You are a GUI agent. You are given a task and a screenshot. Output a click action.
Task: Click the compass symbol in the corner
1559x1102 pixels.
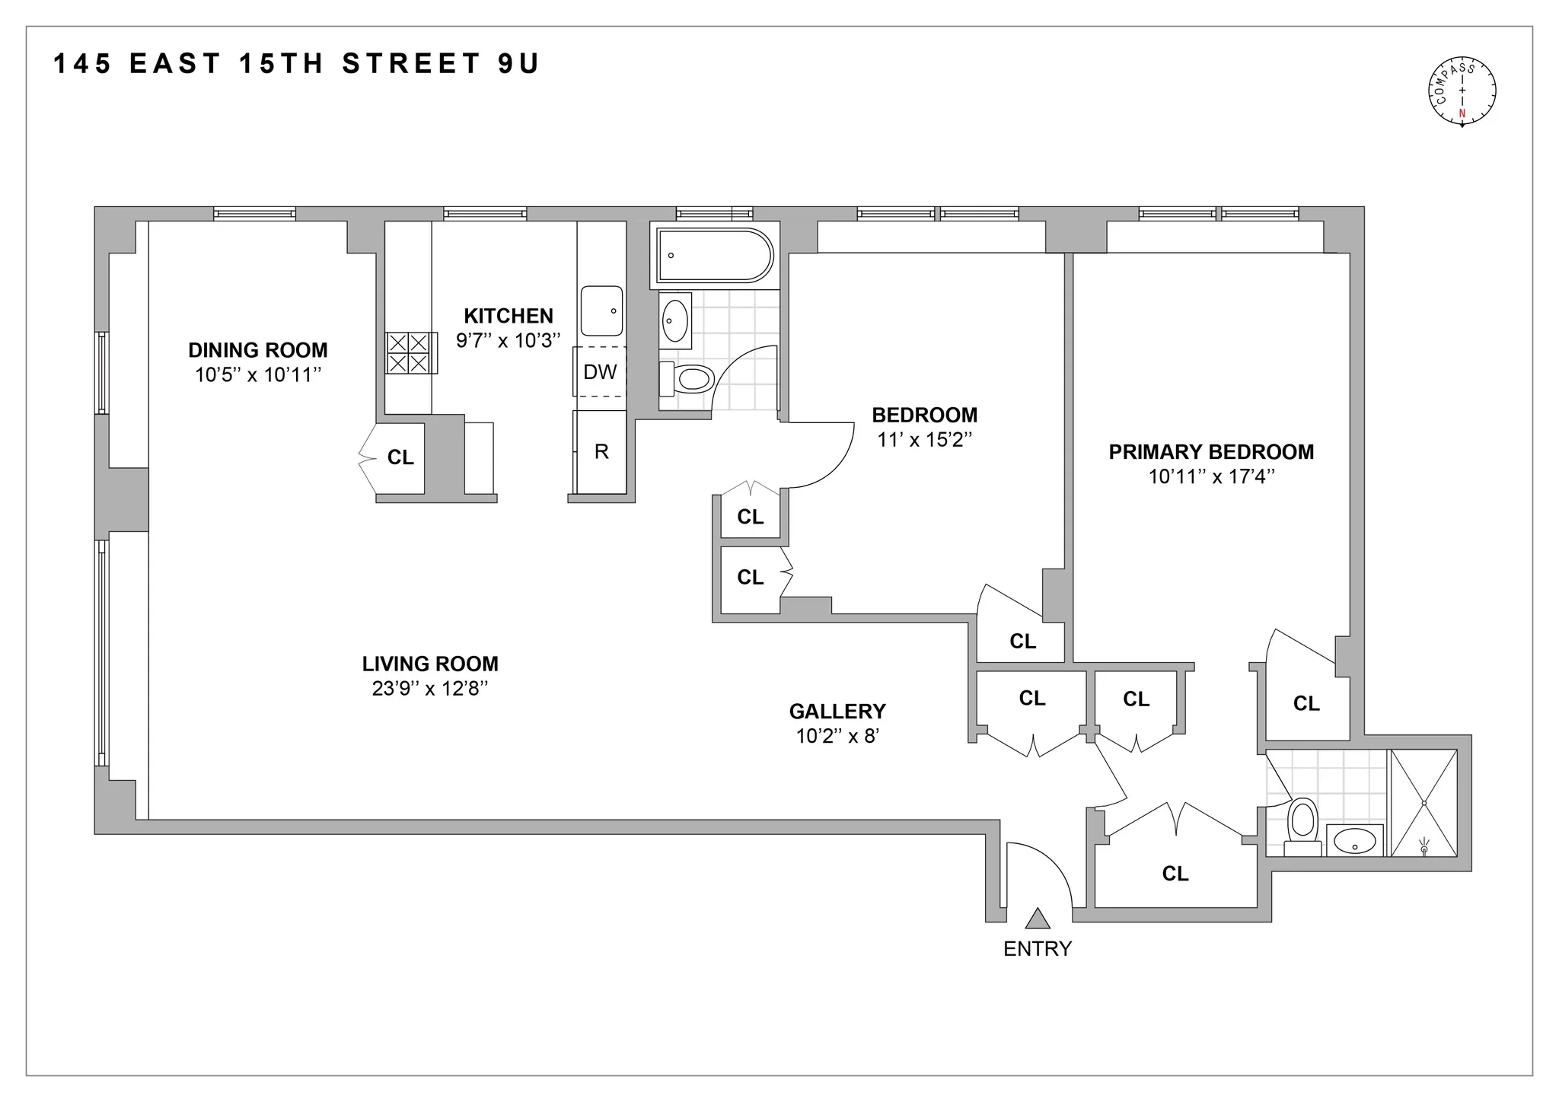click(x=1461, y=92)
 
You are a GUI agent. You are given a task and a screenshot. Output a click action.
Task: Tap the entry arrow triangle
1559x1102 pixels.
click(x=1037, y=919)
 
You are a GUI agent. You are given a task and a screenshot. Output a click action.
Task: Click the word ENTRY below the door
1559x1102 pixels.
click(x=1037, y=949)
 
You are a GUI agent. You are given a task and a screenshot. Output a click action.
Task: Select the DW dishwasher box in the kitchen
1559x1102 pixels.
click(x=600, y=371)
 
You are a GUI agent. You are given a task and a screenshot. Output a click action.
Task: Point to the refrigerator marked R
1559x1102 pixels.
click(x=601, y=452)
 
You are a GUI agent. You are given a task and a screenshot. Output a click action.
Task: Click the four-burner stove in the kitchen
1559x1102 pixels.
click(x=410, y=352)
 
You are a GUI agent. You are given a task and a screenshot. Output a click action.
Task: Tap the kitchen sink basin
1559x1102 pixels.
click(x=601, y=311)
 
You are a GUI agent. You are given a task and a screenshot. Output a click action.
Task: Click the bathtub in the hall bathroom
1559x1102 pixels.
click(x=714, y=255)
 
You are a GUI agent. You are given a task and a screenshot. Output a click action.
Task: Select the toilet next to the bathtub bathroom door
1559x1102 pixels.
click(x=688, y=378)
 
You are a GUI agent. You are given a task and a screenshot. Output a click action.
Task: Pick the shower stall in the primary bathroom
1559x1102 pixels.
click(x=1424, y=803)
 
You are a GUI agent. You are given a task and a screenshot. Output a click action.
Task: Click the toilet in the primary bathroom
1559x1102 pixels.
click(x=1302, y=826)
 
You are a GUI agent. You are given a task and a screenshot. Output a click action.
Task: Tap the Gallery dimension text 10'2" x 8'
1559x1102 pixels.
click(x=837, y=736)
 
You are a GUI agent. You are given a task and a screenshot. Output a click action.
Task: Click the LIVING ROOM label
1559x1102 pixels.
click(x=430, y=664)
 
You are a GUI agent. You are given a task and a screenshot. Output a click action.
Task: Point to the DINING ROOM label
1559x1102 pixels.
click(x=258, y=350)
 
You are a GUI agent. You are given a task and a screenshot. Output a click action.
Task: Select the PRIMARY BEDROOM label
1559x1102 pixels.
click(x=1211, y=452)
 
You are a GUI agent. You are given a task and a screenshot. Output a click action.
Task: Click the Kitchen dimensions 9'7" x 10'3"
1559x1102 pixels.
click(x=508, y=340)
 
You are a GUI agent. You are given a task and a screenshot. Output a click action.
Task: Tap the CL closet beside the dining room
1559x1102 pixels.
click(x=400, y=457)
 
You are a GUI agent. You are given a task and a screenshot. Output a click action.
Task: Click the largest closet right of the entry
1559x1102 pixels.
click(x=1175, y=874)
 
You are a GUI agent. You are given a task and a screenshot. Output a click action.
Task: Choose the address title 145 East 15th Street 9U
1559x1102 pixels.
click(x=296, y=64)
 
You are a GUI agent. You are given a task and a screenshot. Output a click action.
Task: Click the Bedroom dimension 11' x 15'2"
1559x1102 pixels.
click(x=924, y=439)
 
